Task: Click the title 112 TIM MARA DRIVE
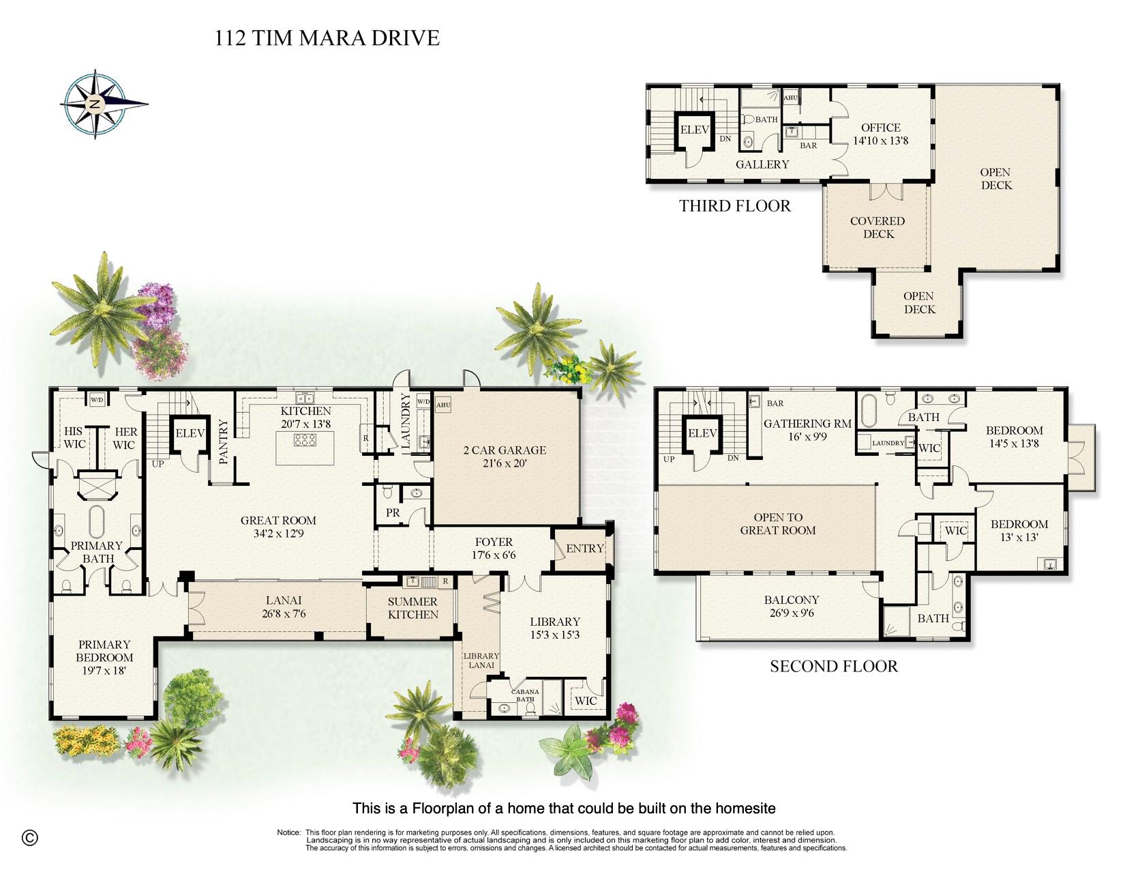click(327, 38)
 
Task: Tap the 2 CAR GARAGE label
click(505, 456)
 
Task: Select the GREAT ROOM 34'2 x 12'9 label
click(279, 527)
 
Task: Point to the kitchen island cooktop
click(305, 440)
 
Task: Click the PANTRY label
click(224, 441)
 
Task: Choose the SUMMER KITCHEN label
click(412, 609)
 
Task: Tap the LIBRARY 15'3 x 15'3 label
click(555, 628)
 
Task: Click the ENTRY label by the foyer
click(585, 549)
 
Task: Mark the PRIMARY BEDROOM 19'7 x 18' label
click(104, 658)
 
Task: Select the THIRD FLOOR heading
click(735, 206)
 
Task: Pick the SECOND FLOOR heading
click(834, 667)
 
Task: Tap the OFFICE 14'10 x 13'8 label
click(881, 134)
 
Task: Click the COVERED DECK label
click(877, 227)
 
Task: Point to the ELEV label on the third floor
click(694, 130)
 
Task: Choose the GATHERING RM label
click(808, 424)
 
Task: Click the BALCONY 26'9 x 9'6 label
click(792, 607)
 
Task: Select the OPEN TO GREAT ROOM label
click(777, 524)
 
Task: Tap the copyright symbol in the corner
click(30, 837)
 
